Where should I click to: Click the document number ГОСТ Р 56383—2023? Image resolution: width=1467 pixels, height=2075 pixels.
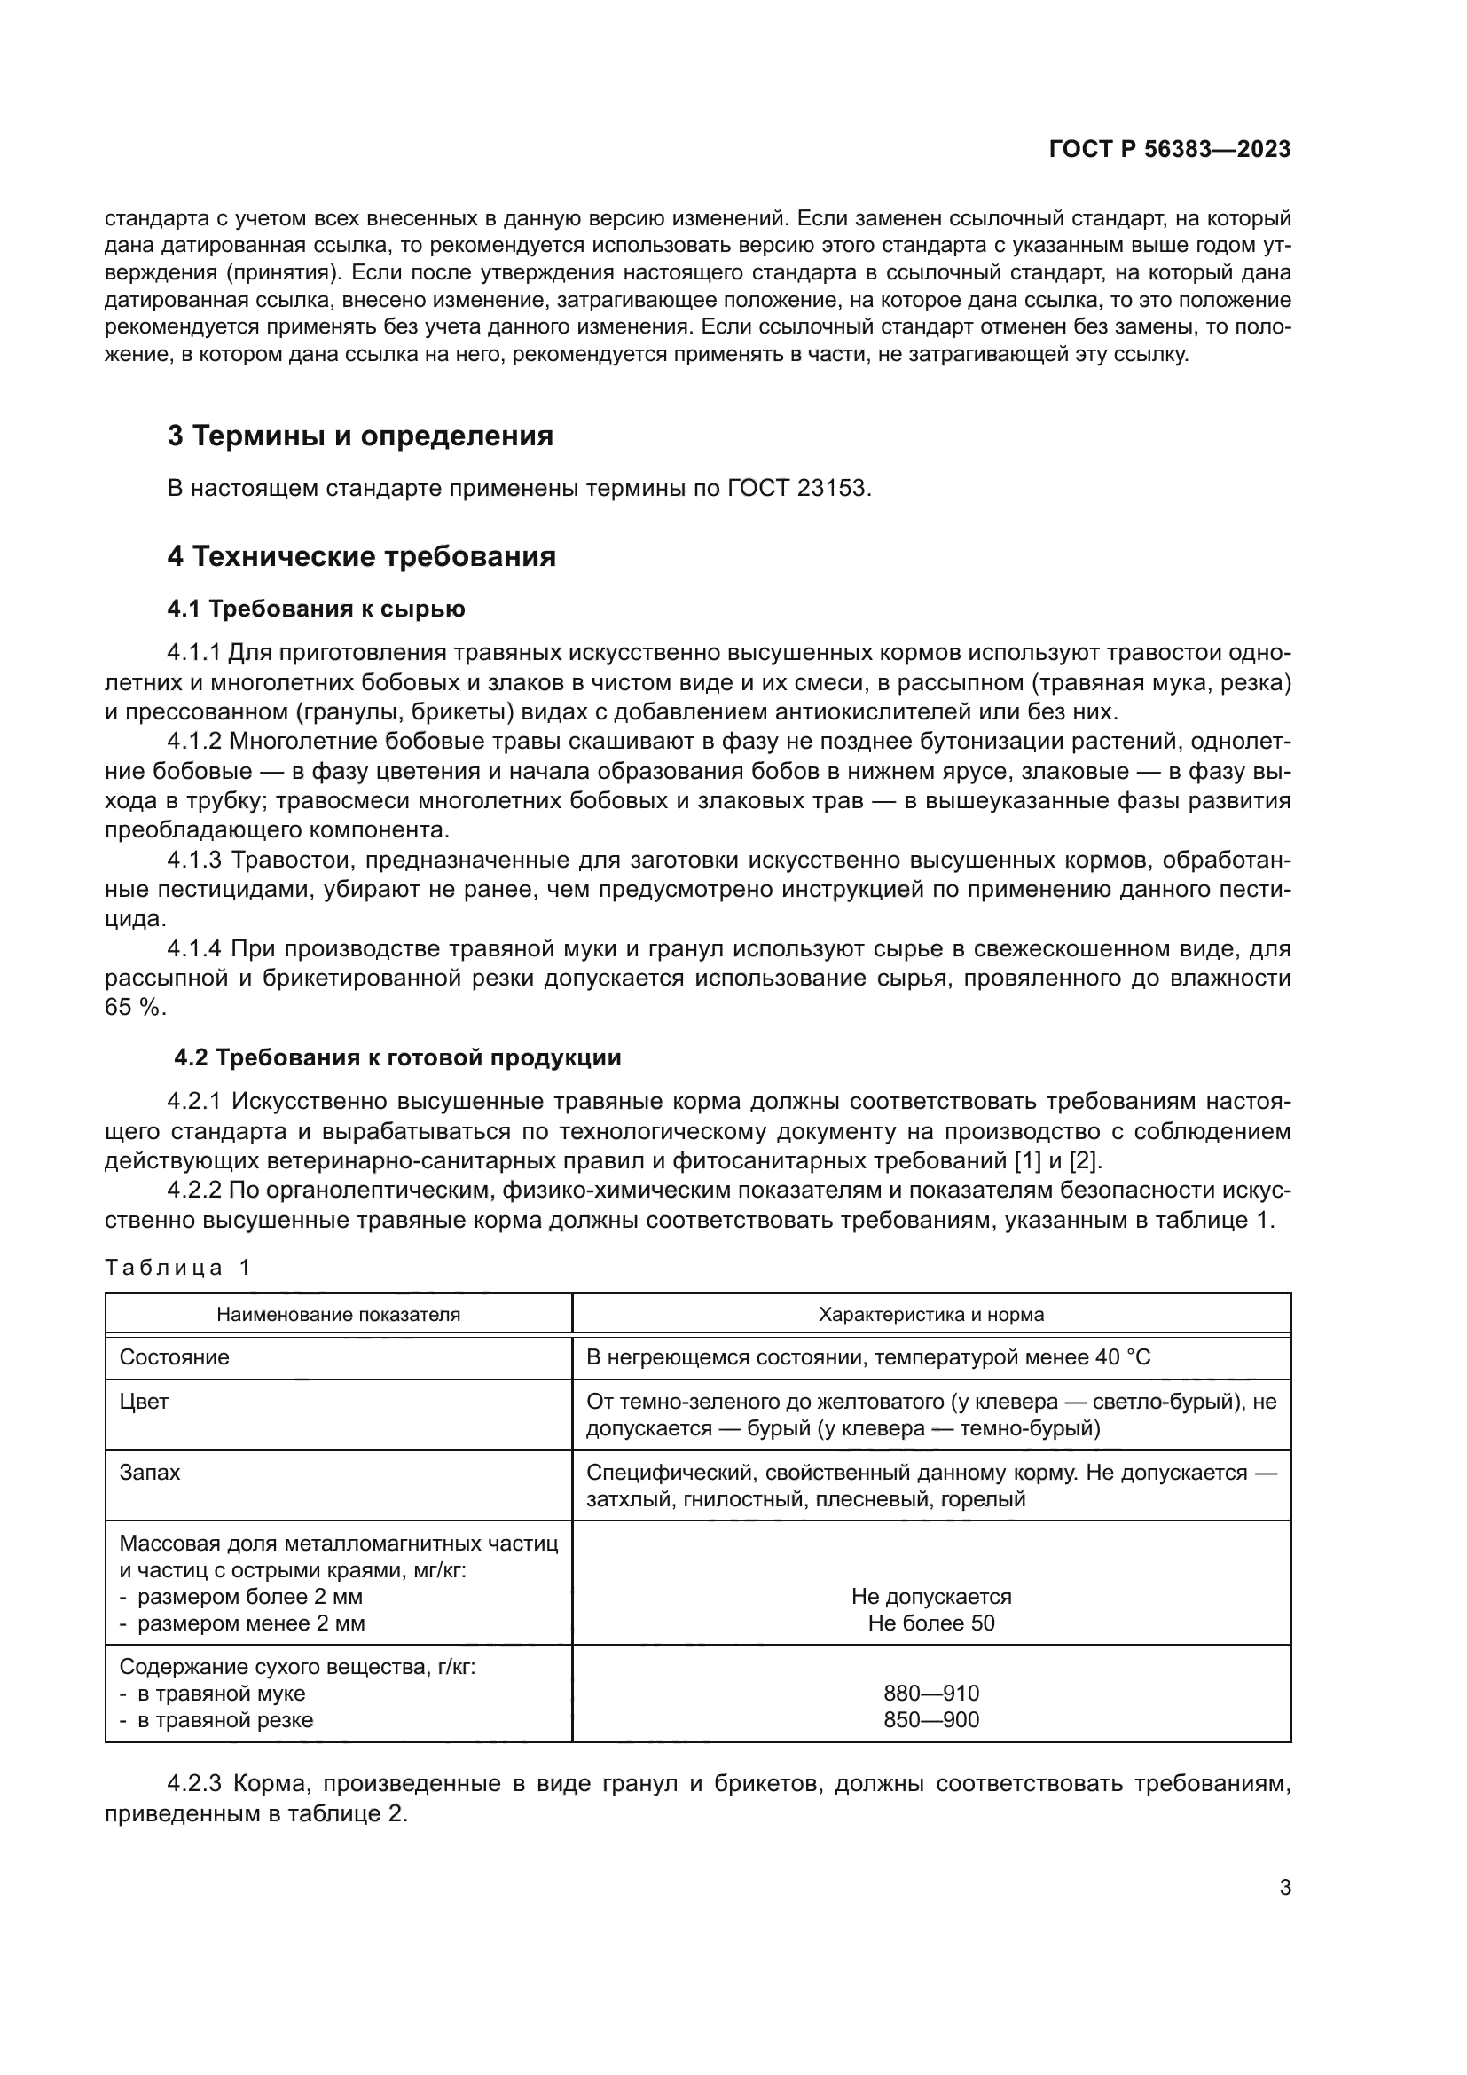pos(1170,150)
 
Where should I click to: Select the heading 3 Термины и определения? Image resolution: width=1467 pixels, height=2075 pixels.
pos(360,436)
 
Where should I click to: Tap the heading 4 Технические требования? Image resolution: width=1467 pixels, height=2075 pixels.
pos(361,557)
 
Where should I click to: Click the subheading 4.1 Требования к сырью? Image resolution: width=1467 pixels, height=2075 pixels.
pos(316,609)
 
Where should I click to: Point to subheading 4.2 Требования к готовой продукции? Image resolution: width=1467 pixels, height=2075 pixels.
pos(397,1057)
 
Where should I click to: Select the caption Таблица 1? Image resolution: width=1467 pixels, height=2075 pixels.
pos(177,1267)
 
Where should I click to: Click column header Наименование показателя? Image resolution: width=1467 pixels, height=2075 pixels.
pos(338,1314)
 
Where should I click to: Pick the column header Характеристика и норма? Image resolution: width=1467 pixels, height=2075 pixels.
pos(931,1314)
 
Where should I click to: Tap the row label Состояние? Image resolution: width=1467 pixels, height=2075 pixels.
pos(175,1357)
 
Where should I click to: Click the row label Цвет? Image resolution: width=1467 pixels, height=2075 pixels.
pos(145,1402)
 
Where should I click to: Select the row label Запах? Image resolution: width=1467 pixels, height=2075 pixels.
pos(150,1473)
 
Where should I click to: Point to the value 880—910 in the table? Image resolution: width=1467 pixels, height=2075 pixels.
pos(931,1693)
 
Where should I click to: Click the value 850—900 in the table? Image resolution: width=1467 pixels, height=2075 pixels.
pos(931,1719)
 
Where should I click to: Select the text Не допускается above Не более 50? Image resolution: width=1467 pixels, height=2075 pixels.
pos(931,1596)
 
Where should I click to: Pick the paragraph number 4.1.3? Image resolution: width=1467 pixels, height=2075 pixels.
pos(194,861)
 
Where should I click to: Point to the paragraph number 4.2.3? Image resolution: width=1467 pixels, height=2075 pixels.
pos(194,1784)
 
